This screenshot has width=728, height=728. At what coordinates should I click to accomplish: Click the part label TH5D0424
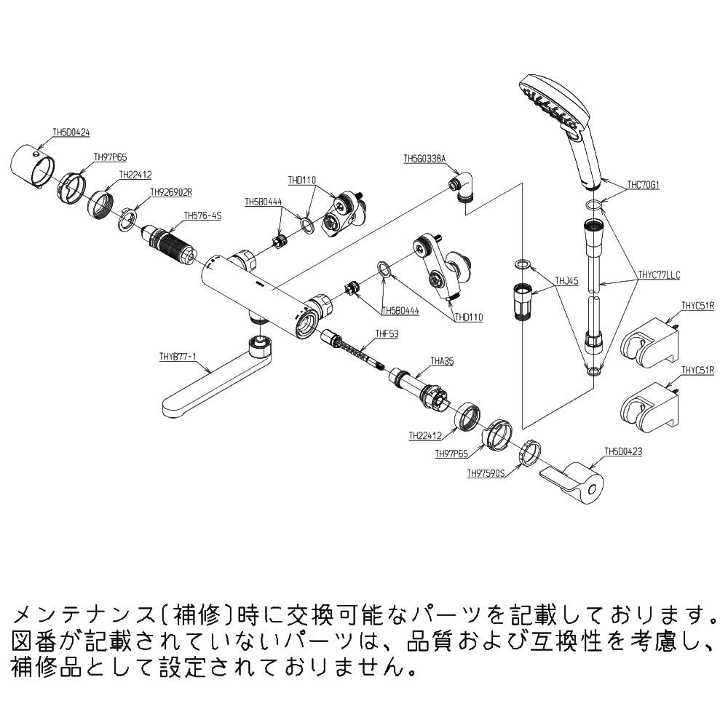click(71, 132)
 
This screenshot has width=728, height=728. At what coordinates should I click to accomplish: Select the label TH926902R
click(170, 193)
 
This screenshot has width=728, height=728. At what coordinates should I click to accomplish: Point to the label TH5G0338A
click(424, 158)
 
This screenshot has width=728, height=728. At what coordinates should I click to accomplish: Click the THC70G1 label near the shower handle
click(643, 185)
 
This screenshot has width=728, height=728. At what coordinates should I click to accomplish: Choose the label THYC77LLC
click(658, 274)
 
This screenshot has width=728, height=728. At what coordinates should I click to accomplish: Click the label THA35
click(442, 360)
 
